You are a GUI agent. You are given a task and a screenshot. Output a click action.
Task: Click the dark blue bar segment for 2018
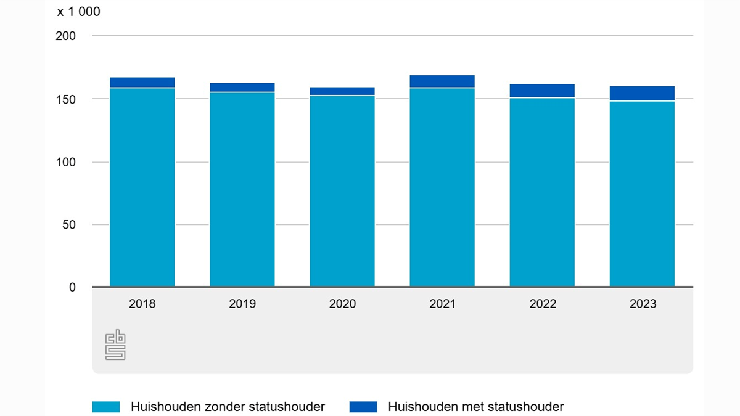pyautogui.click(x=142, y=83)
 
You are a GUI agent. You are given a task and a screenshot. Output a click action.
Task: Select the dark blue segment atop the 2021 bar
pyautogui.click(x=442, y=81)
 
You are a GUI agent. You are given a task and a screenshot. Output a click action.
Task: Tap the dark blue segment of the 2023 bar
pyautogui.click(x=642, y=93)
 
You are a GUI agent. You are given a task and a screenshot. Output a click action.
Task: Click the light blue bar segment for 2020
pyautogui.click(x=342, y=191)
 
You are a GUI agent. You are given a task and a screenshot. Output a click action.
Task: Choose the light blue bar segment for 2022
pyautogui.click(x=542, y=192)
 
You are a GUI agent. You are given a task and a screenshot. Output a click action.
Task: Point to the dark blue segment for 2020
pyautogui.click(x=342, y=91)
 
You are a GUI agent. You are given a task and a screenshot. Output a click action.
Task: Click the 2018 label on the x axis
pyautogui.click(x=142, y=304)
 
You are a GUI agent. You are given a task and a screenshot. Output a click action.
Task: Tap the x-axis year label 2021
pyautogui.click(x=442, y=304)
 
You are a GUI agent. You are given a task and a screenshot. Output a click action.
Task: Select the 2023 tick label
pyautogui.click(x=642, y=304)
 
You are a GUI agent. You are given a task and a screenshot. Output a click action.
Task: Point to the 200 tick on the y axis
pyautogui.click(x=65, y=36)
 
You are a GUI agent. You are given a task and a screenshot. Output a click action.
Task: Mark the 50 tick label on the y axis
pyautogui.click(x=68, y=225)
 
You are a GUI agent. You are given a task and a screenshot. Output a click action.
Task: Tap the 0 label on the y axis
pyautogui.click(x=72, y=288)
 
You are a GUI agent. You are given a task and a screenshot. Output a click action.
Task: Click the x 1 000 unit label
pyautogui.click(x=78, y=12)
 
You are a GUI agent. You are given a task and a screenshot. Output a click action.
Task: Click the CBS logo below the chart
pyautogui.click(x=115, y=345)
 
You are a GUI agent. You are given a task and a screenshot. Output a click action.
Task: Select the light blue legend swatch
pyautogui.click(x=106, y=407)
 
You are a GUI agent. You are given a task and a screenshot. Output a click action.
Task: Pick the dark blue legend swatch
pyautogui.click(x=363, y=407)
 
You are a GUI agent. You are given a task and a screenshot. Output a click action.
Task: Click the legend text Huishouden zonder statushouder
pyautogui.click(x=228, y=407)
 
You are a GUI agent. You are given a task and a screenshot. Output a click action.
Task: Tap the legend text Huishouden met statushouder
pyautogui.click(x=475, y=407)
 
